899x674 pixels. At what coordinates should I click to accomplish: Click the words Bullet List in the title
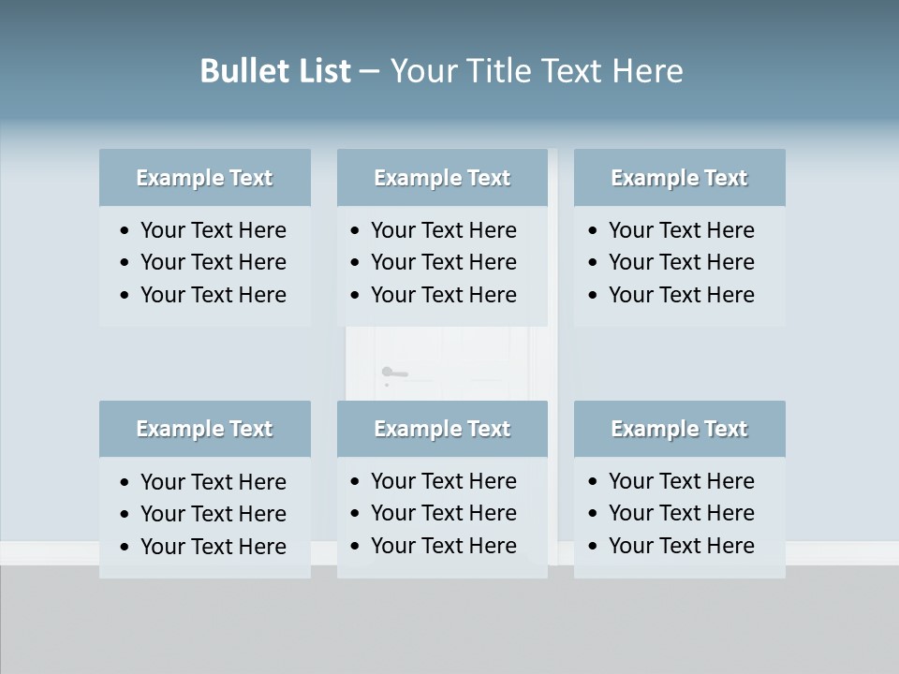pyautogui.click(x=275, y=71)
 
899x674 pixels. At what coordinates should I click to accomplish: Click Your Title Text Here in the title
pyautogui.click(x=536, y=71)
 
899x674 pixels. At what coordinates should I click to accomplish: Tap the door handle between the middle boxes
pyautogui.click(x=394, y=373)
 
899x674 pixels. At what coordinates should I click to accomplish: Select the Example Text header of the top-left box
pyautogui.click(x=204, y=178)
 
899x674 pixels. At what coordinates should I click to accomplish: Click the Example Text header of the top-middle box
pyautogui.click(x=442, y=178)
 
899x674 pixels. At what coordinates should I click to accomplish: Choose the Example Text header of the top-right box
pyautogui.click(x=679, y=178)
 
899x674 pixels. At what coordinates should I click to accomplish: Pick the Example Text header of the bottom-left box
pyautogui.click(x=204, y=429)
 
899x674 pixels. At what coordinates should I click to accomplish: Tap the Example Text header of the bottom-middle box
pyautogui.click(x=442, y=429)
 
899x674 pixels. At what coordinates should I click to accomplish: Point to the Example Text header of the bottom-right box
pyautogui.click(x=679, y=429)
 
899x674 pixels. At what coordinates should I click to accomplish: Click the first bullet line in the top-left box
pyautogui.click(x=213, y=230)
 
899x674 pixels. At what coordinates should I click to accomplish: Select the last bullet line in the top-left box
pyautogui.click(x=213, y=295)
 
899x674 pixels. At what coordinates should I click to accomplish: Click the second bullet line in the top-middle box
pyautogui.click(x=443, y=262)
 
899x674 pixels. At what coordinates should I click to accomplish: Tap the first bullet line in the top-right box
pyautogui.click(x=681, y=230)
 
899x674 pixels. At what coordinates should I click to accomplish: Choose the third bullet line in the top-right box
pyautogui.click(x=681, y=295)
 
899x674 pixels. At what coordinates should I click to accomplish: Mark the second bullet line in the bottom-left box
pyautogui.click(x=213, y=514)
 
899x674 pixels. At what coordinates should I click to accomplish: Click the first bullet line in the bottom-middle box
pyautogui.click(x=443, y=481)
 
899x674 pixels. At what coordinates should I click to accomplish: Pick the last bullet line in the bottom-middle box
pyautogui.click(x=443, y=546)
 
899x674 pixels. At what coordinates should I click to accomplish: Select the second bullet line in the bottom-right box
pyautogui.click(x=681, y=513)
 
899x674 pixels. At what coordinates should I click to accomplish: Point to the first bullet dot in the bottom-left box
pyautogui.click(x=125, y=483)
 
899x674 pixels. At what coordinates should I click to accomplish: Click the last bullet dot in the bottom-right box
pyautogui.click(x=594, y=547)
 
